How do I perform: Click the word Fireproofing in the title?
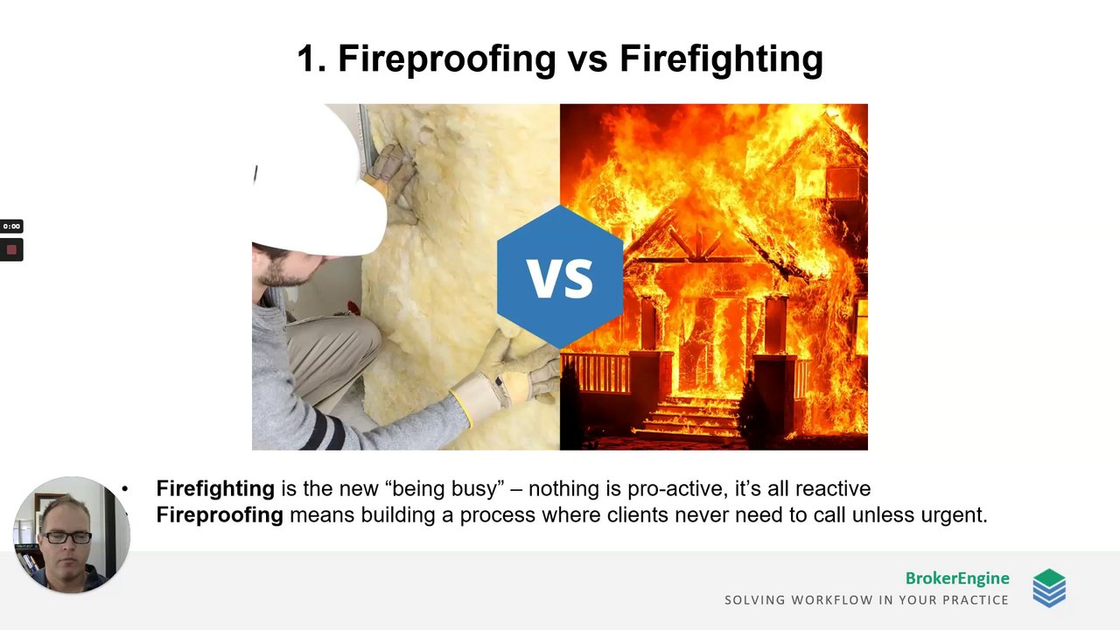pyautogui.click(x=447, y=59)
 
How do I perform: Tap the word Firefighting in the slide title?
pyautogui.click(x=722, y=59)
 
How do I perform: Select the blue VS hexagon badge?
pyautogui.click(x=560, y=277)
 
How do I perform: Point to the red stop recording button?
pyautogui.click(x=11, y=249)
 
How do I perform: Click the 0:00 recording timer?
pyautogui.click(x=11, y=227)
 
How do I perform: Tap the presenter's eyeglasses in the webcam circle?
pyautogui.click(x=67, y=538)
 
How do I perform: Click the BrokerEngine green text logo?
pyautogui.click(x=957, y=578)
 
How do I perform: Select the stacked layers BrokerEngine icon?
pyautogui.click(x=1049, y=588)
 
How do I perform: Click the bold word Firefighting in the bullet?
pyautogui.click(x=215, y=489)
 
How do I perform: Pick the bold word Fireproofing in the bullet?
pyautogui.click(x=220, y=515)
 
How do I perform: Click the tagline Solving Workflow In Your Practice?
pyautogui.click(x=866, y=600)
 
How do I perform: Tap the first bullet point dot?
pyautogui.click(x=125, y=489)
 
